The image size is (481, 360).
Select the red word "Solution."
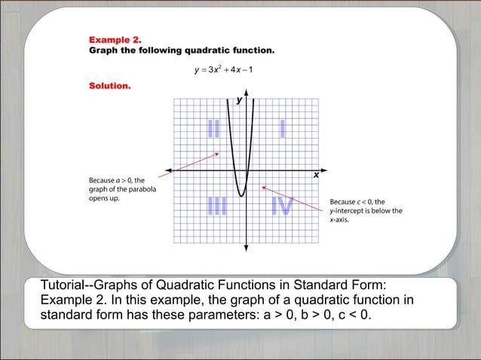[110, 86]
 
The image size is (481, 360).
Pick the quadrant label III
[216, 206]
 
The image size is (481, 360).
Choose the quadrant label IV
[282, 206]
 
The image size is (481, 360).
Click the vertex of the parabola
[240, 196]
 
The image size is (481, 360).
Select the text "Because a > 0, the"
[117, 181]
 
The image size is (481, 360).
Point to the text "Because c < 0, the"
[357, 202]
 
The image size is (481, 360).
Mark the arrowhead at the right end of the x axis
[323, 171]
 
